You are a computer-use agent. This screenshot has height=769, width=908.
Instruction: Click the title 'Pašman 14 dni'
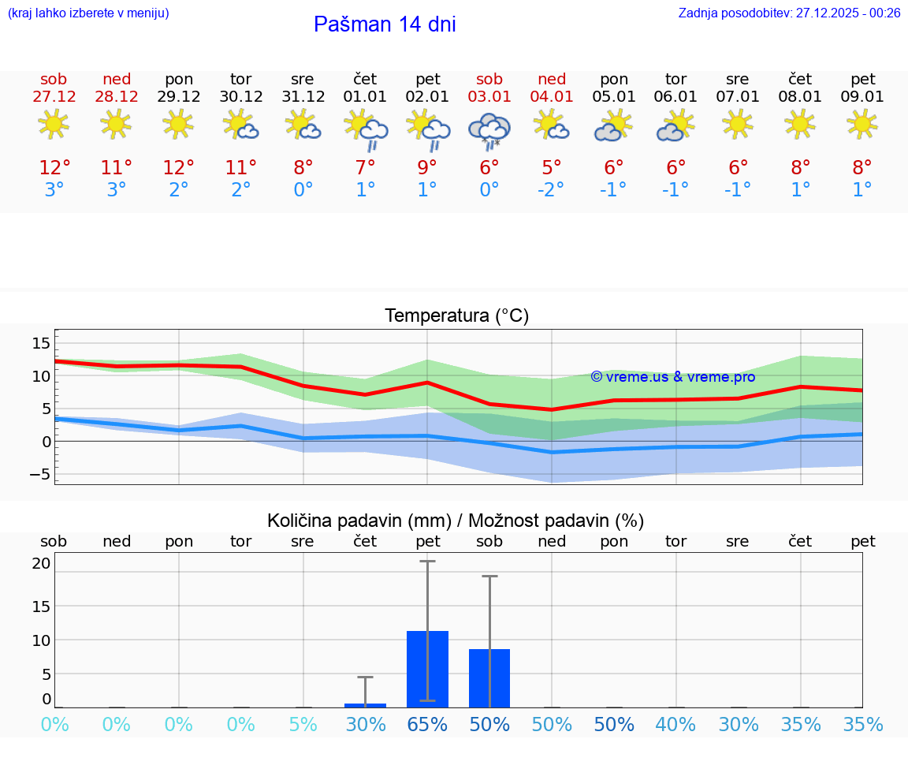[x=385, y=24]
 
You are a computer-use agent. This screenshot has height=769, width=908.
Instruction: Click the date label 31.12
[x=303, y=97]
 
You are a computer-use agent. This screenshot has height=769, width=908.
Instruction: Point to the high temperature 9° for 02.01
[x=427, y=167]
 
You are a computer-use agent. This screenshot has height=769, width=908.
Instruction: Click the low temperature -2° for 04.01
[x=551, y=190]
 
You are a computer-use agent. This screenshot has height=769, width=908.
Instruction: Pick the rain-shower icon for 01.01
[x=365, y=130]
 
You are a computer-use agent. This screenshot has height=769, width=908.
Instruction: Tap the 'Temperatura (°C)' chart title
[x=456, y=316]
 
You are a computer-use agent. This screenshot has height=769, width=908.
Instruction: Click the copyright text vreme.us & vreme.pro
[x=672, y=377]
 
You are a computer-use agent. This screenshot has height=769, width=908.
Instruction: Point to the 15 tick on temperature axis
[x=41, y=343]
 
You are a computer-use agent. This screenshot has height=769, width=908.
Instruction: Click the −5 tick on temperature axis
[x=41, y=474]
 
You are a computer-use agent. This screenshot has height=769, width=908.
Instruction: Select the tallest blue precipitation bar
[x=427, y=669]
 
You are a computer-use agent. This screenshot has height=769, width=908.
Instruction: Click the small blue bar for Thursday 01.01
[x=365, y=705]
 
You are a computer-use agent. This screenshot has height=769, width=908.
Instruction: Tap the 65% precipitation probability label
[x=427, y=725]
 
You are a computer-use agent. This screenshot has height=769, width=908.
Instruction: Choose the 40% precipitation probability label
[x=675, y=725]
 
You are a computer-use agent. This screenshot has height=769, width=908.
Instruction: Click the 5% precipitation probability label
[x=303, y=725]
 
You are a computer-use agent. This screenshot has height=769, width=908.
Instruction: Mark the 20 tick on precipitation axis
[x=41, y=563]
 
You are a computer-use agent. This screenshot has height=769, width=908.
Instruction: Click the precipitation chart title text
[x=456, y=521]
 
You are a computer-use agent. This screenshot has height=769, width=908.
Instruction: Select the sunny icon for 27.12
[x=54, y=124]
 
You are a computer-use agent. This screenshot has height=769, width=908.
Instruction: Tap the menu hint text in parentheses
[x=88, y=13]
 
